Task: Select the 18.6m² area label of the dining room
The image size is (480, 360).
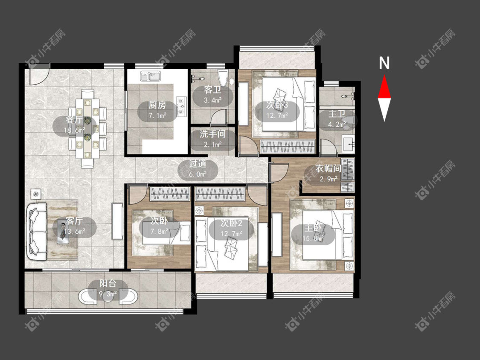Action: click(x=74, y=130)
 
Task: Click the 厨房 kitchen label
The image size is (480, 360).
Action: click(x=157, y=105)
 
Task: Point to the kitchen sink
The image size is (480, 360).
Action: click(x=151, y=76)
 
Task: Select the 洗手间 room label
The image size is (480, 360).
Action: click(x=212, y=134)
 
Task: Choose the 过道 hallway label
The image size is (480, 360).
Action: click(x=198, y=163)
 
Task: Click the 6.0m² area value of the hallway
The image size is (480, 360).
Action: click(x=198, y=174)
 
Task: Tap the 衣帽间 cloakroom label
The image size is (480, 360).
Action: click(x=329, y=168)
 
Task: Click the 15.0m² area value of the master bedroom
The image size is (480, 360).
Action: click(x=313, y=238)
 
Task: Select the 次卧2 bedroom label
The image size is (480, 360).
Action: click(x=231, y=223)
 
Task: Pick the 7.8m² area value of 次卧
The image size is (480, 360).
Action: click(x=159, y=232)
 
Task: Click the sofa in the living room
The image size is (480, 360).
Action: click(x=37, y=232)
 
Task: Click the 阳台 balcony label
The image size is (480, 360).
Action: click(x=108, y=284)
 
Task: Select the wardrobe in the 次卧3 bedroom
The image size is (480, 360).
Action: click(x=288, y=146)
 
